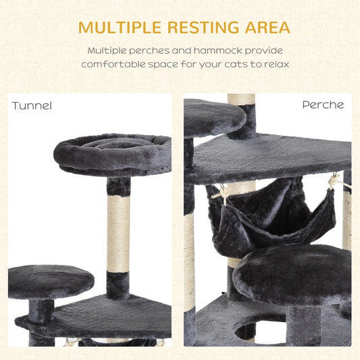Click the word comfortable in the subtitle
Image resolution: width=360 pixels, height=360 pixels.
pyautogui.click(x=111, y=64)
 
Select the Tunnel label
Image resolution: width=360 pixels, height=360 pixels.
pyautogui.click(x=32, y=105)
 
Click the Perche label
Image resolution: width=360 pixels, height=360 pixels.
pyautogui.click(x=322, y=105)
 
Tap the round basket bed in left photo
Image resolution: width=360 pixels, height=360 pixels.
pyautogui.click(x=112, y=153)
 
